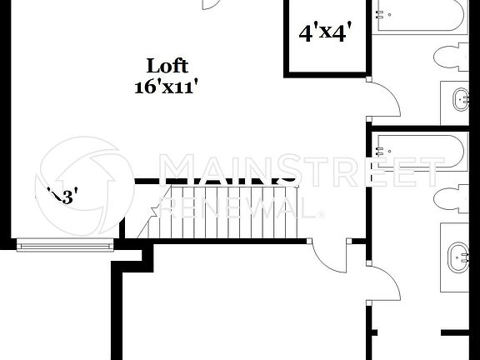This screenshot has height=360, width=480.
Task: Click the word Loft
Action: coord(167,66)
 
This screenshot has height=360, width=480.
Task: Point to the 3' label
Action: coord(64,197)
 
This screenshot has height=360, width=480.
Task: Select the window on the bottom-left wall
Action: coord(65,244)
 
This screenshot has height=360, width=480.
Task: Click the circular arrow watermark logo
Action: coord(82,179)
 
